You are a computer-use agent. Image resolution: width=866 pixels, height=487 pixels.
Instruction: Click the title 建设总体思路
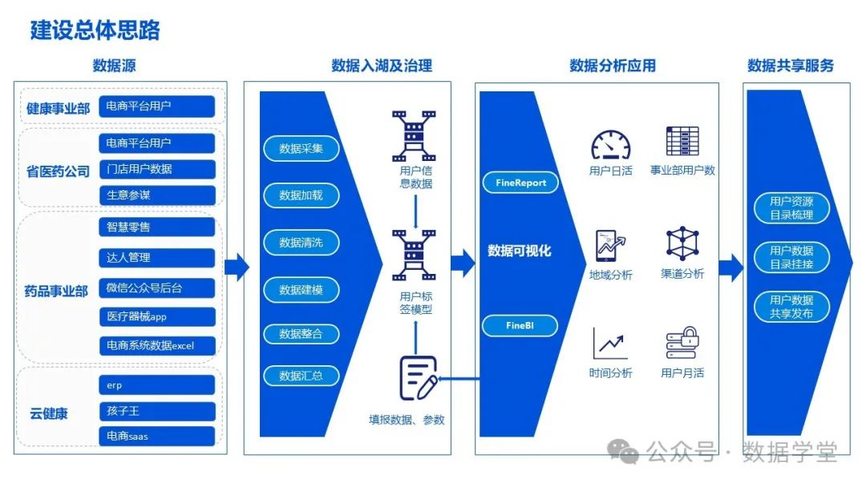[95, 30]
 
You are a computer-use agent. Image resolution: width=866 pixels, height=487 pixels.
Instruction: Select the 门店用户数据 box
[157, 169]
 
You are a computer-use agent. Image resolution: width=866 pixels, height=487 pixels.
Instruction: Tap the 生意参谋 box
[157, 195]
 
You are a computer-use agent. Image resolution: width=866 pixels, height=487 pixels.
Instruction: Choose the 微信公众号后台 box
[157, 288]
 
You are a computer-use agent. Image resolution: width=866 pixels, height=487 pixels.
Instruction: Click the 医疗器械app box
[157, 316]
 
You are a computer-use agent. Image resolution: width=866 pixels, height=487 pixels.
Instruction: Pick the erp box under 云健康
[157, 385]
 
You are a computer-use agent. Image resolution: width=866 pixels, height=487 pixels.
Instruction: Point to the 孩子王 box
[157, 411]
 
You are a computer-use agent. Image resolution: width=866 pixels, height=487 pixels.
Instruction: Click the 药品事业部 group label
[56, 292]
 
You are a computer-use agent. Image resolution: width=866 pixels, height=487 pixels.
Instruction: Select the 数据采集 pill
[301, 148]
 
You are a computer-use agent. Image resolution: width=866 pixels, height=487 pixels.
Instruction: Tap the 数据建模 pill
[301, 290]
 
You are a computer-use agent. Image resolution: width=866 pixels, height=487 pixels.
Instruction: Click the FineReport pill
[520, 183]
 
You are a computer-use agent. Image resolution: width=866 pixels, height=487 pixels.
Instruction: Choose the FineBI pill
[520, 326]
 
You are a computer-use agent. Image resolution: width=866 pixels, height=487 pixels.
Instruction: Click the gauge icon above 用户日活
[611, 145]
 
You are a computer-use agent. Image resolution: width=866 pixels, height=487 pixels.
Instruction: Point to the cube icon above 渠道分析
[682, 243]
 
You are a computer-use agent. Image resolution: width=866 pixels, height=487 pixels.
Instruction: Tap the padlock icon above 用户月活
[682, 343]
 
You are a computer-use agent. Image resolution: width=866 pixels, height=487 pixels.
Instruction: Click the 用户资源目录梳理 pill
[791, 208]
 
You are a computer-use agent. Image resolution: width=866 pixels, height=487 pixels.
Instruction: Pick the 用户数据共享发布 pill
[791, 307]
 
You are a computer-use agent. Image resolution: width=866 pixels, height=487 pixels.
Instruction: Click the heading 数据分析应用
[612, 66]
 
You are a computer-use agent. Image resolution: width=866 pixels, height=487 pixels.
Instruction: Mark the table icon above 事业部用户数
[682, 141]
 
